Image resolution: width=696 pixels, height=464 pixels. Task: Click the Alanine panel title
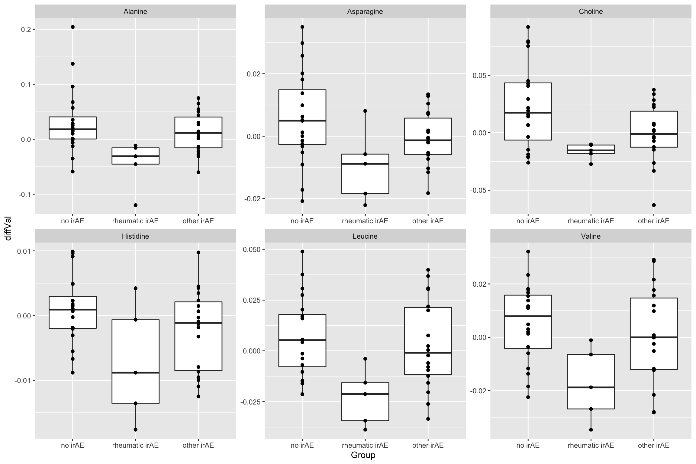click(x=135, y=12)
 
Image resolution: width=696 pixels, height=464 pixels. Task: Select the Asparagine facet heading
click(x=365, y=12)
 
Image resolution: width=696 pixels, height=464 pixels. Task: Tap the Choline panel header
click(x=591, y=12)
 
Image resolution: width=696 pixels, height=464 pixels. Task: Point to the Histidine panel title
click(x=135, y=236)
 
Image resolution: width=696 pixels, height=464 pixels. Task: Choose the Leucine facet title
click(x=365, y=236)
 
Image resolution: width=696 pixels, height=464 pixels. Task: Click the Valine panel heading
click(x=591, y=236)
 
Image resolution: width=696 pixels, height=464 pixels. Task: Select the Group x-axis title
click(x=363, y=455)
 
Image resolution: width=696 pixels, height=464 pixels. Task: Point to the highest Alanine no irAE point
click(x=72, y=27)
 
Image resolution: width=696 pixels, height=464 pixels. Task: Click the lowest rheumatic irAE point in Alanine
click(x=135, y=205)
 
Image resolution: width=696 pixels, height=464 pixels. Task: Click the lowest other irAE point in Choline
click(x=654, y=205)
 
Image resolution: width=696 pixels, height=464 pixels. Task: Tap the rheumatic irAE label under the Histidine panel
click(x=135, y=445)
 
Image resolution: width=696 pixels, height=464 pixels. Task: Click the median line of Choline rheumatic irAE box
click(x=591, y=150)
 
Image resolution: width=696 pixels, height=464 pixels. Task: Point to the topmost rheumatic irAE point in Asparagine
click(x=365, y=111)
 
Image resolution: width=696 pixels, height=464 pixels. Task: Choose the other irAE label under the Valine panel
click(x=654, y=445)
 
